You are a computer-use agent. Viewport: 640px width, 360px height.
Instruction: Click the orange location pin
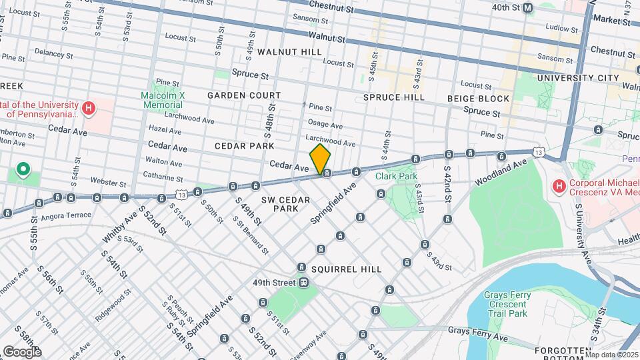321,159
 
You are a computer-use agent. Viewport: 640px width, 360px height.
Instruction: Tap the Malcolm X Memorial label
163,100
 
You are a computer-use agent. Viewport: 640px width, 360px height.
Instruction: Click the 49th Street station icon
303,283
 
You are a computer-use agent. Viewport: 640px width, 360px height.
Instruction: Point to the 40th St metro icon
528,7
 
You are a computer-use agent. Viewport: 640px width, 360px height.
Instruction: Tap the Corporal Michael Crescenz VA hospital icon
559,185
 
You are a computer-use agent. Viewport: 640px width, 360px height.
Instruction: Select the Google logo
22,351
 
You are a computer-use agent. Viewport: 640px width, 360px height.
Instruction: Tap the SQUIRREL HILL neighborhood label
346,269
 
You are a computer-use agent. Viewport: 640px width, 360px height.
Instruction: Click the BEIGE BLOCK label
479,99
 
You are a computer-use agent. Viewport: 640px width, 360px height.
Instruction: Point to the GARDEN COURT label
243,95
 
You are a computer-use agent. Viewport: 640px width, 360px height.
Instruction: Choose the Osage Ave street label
325,125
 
